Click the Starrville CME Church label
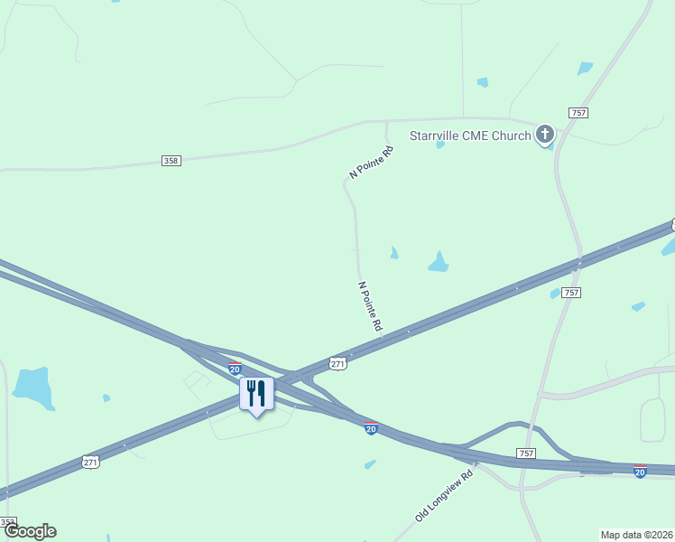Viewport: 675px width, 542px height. (469, 136)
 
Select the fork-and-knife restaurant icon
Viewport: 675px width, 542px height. (256, 394)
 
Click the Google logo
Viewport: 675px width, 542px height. (30, 531)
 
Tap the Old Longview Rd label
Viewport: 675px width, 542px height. (444, 496)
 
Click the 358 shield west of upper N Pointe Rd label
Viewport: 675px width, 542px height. (171, 161)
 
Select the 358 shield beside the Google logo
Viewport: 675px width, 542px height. (7, 522)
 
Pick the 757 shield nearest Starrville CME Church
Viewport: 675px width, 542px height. (578, 112)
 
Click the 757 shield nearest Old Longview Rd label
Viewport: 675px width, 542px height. (527, 452)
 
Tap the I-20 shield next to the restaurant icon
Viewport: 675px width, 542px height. (235, 369)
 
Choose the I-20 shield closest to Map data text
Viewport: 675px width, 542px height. (640, 471)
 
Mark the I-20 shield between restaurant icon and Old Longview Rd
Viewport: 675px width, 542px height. (371, 428)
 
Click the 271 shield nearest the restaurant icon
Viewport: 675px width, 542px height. (337, 363)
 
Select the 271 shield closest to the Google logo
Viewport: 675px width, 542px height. (89, 462)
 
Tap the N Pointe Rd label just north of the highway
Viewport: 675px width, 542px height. (370, 306)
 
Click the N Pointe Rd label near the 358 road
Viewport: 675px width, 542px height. (372, 162)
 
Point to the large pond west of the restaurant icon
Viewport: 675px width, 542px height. (32, 385)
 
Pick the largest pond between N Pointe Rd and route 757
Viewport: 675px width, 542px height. (439, 263)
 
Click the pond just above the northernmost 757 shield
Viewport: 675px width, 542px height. (585, 69)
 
